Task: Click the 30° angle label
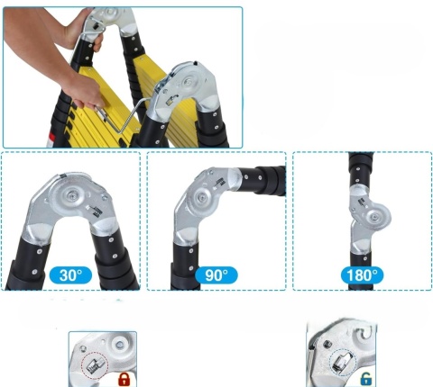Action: (x=70, y=275)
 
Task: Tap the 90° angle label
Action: (x=216, y=275)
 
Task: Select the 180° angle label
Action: (x=362, y=275)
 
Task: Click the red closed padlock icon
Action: (x=124, y=379)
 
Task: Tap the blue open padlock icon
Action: (x=365, y=379)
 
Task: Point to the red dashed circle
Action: (x=95, y=365)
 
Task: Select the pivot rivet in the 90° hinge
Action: (x=200, y=198)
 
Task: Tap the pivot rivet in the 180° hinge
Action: (x=374, y=216)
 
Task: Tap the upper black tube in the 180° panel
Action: (x=360, y=168)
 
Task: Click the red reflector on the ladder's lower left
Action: (x=51, y=139)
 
